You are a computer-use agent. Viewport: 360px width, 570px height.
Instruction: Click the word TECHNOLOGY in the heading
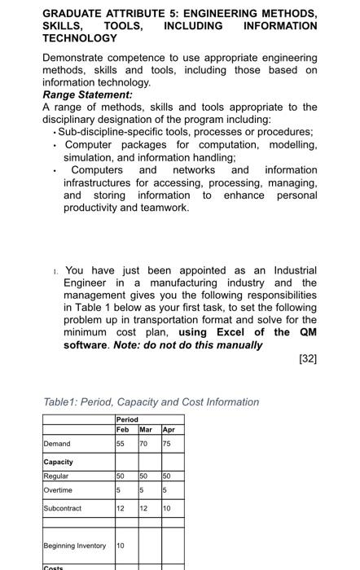click(x=80, y=38)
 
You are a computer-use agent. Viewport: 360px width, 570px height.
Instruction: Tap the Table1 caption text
click(x=151, y=401)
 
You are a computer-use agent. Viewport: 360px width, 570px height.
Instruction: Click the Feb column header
click(x=123, y=429)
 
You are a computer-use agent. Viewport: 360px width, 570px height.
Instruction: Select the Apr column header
click(x=168, y=429)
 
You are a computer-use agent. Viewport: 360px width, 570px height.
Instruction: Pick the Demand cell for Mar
click(x=144, y=444)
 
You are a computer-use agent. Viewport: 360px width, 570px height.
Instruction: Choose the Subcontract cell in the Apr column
click(x=167, y=508)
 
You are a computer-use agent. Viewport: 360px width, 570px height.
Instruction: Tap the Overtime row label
click(x=58, y=490)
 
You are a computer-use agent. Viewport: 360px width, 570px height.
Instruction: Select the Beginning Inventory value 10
click(x=121, y=545)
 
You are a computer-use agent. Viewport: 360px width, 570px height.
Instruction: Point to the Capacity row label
click(x=59, y=462)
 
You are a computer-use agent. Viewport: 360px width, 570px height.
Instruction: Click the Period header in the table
click(x=129, y=420)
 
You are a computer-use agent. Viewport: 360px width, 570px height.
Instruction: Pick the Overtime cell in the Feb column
click(x=121, y=490)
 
